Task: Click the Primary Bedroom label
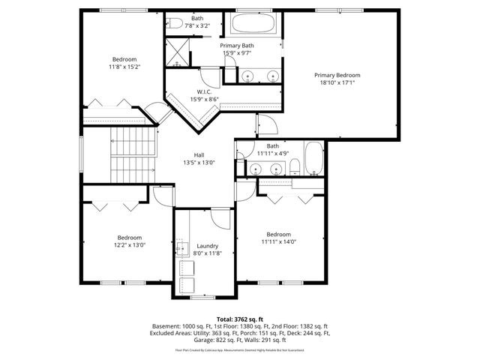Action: point(337,75)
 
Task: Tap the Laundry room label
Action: point(207,246)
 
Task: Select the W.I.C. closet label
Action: point(196,92)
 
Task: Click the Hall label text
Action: point(199,155)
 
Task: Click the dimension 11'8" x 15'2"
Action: point(124,67)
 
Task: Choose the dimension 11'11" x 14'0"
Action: point(279,241)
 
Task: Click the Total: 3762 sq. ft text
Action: point(240,319)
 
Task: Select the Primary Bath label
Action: point(237,46)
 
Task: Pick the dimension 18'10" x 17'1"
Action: point(337,83)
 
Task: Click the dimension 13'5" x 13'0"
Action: point(199,163)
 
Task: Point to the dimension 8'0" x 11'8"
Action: point(207,254)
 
